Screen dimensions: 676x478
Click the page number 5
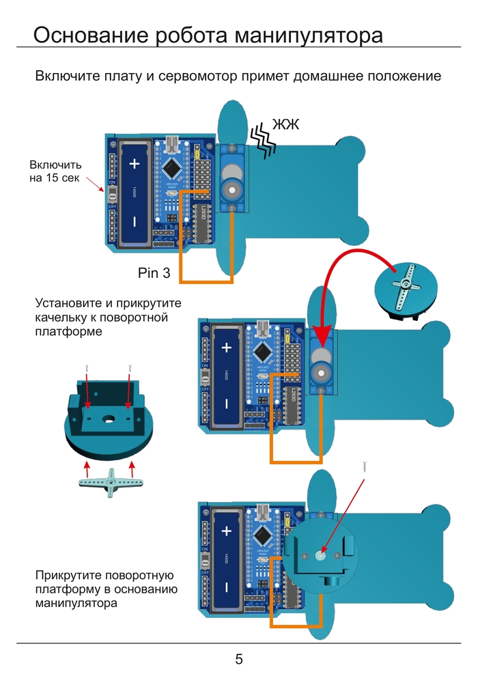(x=239, y=659)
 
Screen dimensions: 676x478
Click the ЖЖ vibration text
(x=286, y=124)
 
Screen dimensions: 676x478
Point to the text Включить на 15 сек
(x=55, y=171)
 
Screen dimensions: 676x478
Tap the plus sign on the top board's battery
(x=135, y=164)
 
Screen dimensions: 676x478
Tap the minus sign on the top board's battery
(x=135, y=221)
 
